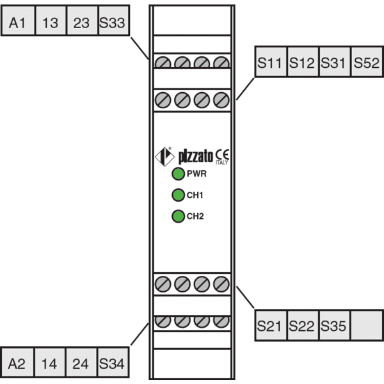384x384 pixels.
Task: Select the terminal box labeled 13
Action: (x=51, y=20)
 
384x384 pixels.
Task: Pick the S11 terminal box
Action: (x=271, y=61)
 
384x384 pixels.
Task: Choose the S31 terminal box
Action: (x=335, y=61)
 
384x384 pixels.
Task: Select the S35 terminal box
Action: (x=335, y=325)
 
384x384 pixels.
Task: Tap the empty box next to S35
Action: (x=367, y=325)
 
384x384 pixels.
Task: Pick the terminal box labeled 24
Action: (x=81, y=362)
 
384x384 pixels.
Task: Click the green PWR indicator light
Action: (x=178, y=174)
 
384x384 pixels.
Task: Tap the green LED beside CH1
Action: (x=178, y=195)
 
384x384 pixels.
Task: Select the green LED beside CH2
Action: (x=178, y=216)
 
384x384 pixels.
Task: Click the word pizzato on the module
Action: (x=196, y=156)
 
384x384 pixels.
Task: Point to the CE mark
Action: (x=222, y=155)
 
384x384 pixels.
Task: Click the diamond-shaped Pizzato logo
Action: (x=164, y=157)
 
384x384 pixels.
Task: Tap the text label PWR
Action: (x=196, y=173)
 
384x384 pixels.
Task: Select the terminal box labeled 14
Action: (x=50, y=362)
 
